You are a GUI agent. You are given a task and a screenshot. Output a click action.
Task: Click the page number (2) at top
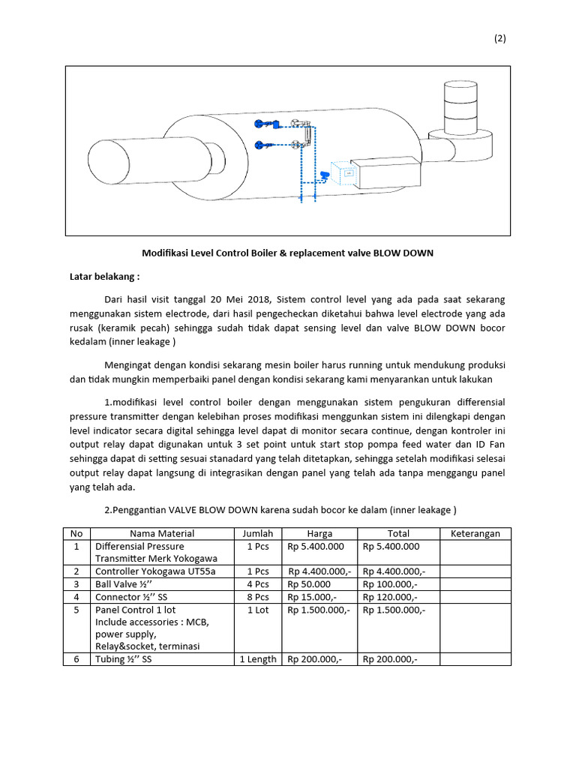coord(500,40)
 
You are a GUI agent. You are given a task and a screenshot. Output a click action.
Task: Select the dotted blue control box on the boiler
coord(347,174)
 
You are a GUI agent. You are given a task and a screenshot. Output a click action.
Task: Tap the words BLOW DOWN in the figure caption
coord(406,253)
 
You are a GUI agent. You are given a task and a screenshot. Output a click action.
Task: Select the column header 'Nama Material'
coord(162,533)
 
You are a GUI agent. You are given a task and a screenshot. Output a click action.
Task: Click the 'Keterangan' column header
coord(475,533)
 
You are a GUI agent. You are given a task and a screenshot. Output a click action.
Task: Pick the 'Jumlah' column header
coord(257,533)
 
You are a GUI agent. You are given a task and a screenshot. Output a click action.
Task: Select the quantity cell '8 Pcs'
coord(257,596)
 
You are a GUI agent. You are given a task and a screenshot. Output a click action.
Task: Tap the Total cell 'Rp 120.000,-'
coord(390,596)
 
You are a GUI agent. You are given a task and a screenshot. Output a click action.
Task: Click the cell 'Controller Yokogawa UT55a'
coord(155,571)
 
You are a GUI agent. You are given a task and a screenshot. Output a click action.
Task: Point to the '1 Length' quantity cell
coord(257,659)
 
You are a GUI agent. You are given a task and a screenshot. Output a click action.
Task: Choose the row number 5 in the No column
coord(75,610)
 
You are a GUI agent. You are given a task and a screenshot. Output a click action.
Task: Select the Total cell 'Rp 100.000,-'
coord(390,583)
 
